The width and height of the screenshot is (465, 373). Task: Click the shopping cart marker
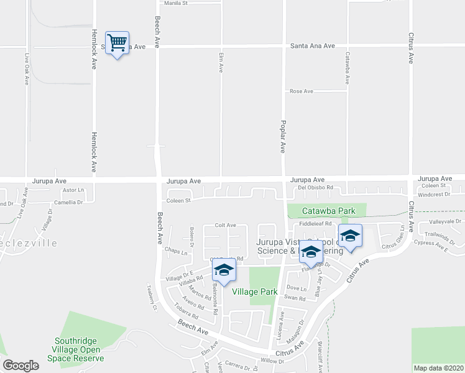117,44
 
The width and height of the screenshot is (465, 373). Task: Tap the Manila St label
176,3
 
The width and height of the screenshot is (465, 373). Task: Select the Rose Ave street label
301,91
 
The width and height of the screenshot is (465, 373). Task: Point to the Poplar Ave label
283,137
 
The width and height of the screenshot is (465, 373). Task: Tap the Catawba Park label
329,211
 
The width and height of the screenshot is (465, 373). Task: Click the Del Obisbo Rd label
316,187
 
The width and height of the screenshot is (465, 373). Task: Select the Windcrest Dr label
433,195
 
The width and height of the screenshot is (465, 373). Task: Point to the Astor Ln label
73,190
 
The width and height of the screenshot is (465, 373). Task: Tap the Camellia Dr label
68,202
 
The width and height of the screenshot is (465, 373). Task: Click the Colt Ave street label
225,225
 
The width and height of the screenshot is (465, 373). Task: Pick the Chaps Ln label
177,250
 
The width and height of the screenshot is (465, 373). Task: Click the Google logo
21,366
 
